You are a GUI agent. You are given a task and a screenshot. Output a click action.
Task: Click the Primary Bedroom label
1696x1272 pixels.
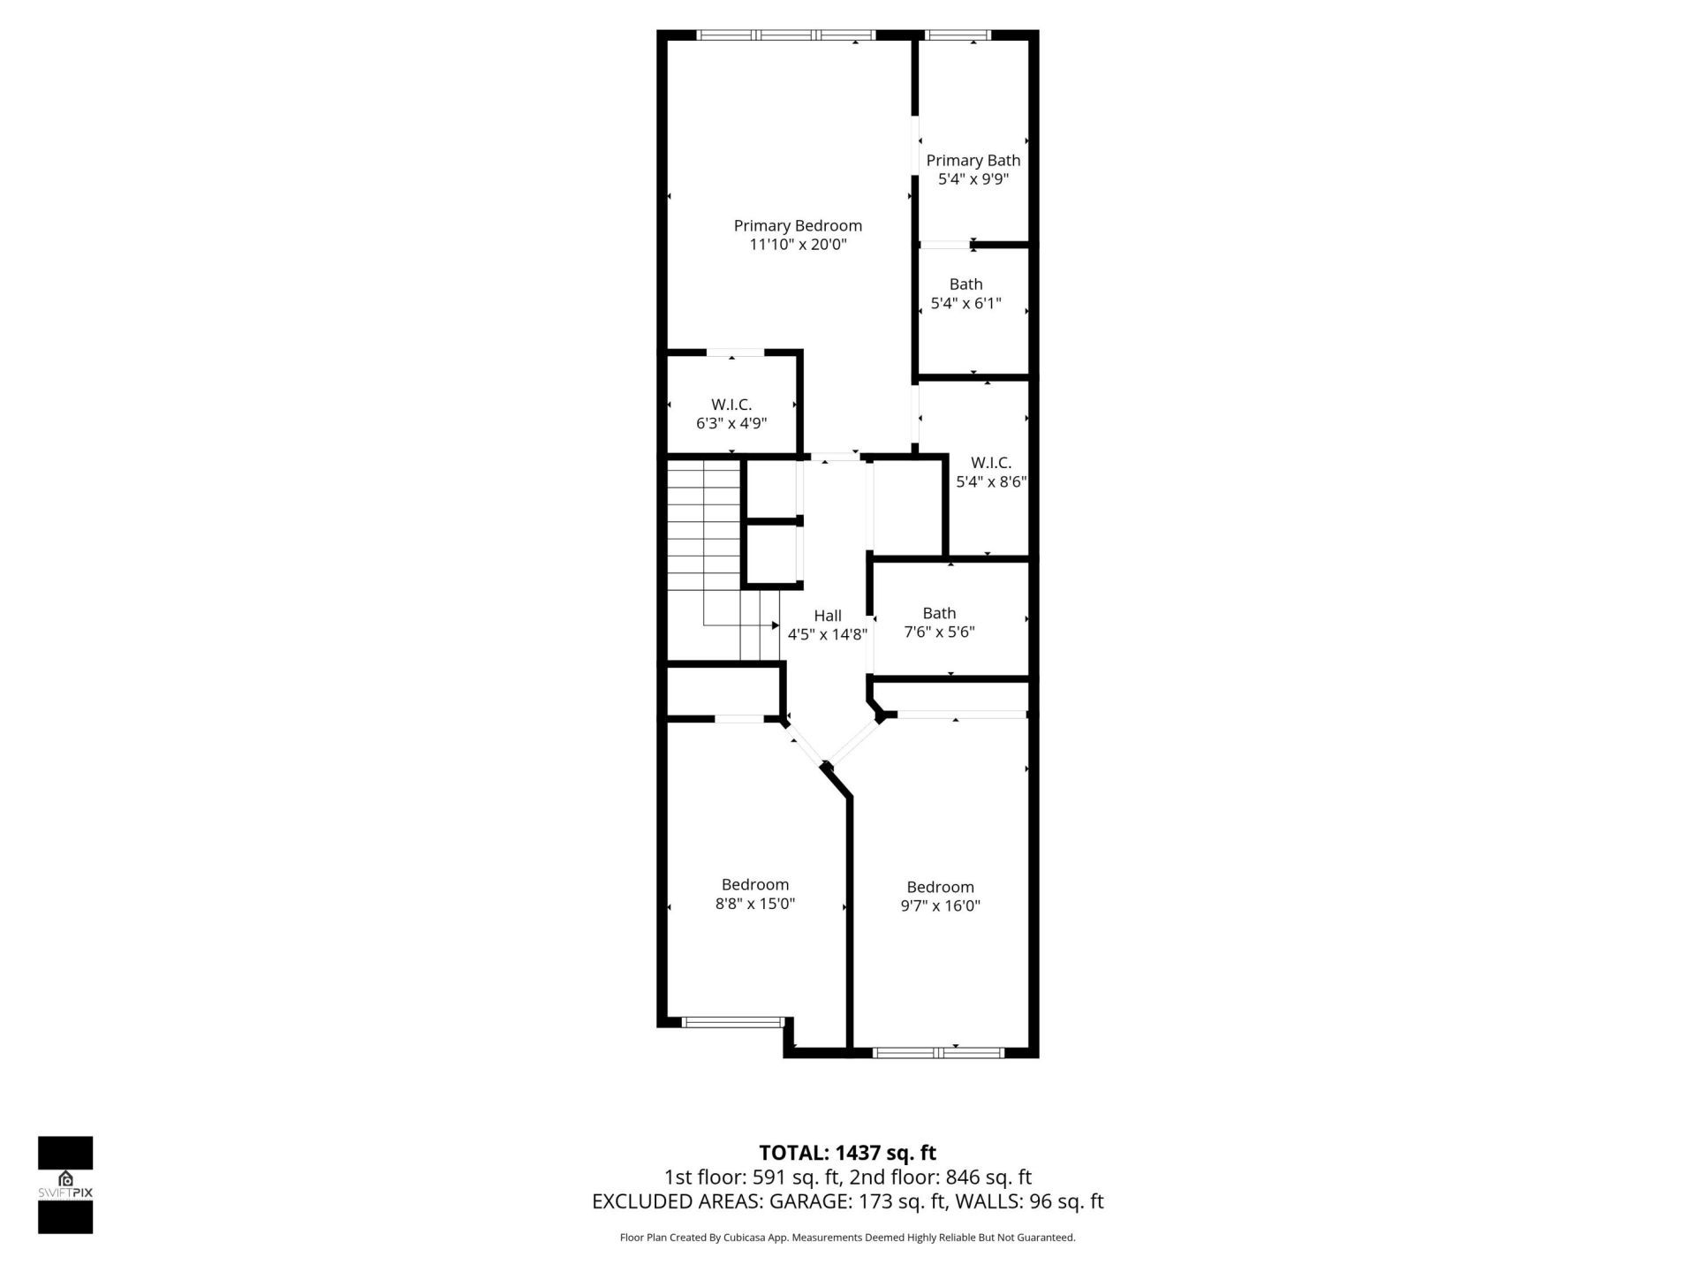798,226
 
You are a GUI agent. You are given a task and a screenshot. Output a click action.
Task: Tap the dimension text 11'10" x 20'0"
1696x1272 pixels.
798,245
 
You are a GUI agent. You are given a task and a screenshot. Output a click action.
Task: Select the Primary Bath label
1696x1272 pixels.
973,161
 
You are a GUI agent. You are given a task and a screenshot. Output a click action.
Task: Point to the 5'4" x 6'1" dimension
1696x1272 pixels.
965,304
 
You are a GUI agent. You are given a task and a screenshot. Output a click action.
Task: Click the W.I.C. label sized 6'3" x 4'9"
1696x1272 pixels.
731,405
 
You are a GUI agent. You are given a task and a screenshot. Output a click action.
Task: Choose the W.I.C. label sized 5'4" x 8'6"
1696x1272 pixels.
990,463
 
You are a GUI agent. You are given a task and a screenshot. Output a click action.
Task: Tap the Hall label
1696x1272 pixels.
828,616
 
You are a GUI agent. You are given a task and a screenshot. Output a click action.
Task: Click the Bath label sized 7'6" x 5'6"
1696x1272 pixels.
939,613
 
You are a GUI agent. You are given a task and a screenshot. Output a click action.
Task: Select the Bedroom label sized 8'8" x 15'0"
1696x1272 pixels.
754,885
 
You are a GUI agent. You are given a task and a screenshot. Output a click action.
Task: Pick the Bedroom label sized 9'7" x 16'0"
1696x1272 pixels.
940,888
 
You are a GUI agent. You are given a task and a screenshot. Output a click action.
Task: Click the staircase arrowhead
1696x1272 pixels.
775,625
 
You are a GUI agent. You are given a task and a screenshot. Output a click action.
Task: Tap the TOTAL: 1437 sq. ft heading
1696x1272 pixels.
847,1153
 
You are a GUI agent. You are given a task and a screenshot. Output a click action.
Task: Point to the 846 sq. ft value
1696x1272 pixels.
988,1177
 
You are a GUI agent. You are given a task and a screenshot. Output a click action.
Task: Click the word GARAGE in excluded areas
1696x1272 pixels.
808,1201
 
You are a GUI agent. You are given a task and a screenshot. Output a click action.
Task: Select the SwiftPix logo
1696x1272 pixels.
65,1185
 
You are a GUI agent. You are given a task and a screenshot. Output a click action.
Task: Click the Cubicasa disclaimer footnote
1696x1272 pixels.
847,1238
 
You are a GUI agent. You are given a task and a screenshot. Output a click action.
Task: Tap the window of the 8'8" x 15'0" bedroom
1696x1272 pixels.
733,1022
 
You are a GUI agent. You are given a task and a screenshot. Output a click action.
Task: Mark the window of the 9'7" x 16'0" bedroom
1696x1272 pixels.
938,1052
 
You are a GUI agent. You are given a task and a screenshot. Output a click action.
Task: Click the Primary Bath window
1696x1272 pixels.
957,35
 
